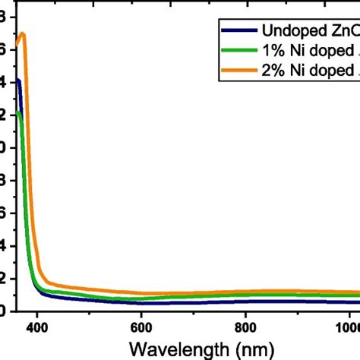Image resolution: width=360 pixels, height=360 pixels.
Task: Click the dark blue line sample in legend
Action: coord(237,31)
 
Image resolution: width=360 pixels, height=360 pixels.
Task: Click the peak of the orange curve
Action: coord(23,33)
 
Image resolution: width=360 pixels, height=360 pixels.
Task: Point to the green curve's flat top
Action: coord(18,113)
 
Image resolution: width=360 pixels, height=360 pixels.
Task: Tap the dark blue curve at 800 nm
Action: coord(245,302)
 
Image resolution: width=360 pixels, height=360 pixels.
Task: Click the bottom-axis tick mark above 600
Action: coord(141,308)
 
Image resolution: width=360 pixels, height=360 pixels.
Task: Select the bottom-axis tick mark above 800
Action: coord(245,308)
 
